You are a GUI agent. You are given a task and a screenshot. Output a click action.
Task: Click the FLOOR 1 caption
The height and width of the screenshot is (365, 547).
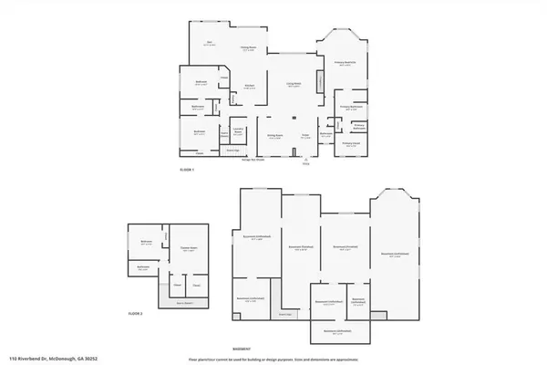[x=187, y=171]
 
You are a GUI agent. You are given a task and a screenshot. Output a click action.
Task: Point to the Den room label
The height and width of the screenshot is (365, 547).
[x=209, y=43]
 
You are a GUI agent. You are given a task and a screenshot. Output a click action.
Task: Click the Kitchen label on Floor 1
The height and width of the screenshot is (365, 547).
[x=248, y=88]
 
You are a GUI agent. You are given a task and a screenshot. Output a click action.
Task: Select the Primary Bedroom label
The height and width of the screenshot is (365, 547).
[x=343, y=63]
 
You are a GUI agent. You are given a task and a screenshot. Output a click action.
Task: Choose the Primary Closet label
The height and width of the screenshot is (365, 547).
[x=351, y=142]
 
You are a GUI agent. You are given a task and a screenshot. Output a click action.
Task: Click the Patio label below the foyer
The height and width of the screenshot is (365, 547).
[x=305, y=164]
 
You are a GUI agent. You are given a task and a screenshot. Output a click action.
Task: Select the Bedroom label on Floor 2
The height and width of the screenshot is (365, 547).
[x=146, y=242]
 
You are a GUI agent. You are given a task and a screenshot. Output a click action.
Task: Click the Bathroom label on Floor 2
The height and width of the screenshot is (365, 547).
[x=142, y=268]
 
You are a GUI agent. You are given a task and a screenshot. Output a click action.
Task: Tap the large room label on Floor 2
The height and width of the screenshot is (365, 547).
[x=189, y=250]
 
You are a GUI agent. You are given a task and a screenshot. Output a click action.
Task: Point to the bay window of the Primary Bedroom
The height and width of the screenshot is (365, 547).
[x=343, y=38]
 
